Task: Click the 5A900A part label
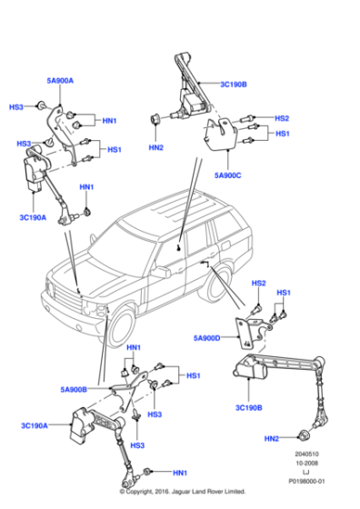pyautogui.click(x=59, y=81)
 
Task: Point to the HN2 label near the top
pyautogui.click(x=156, y=147)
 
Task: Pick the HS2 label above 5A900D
pyautogui.click(x=258, y=284)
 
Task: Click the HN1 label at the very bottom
pyautogui.click(x=179, y=474)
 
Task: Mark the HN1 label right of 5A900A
pyautogui.click(x=109, y=121)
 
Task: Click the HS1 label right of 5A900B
pyautogui.click(x=192, y=375)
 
